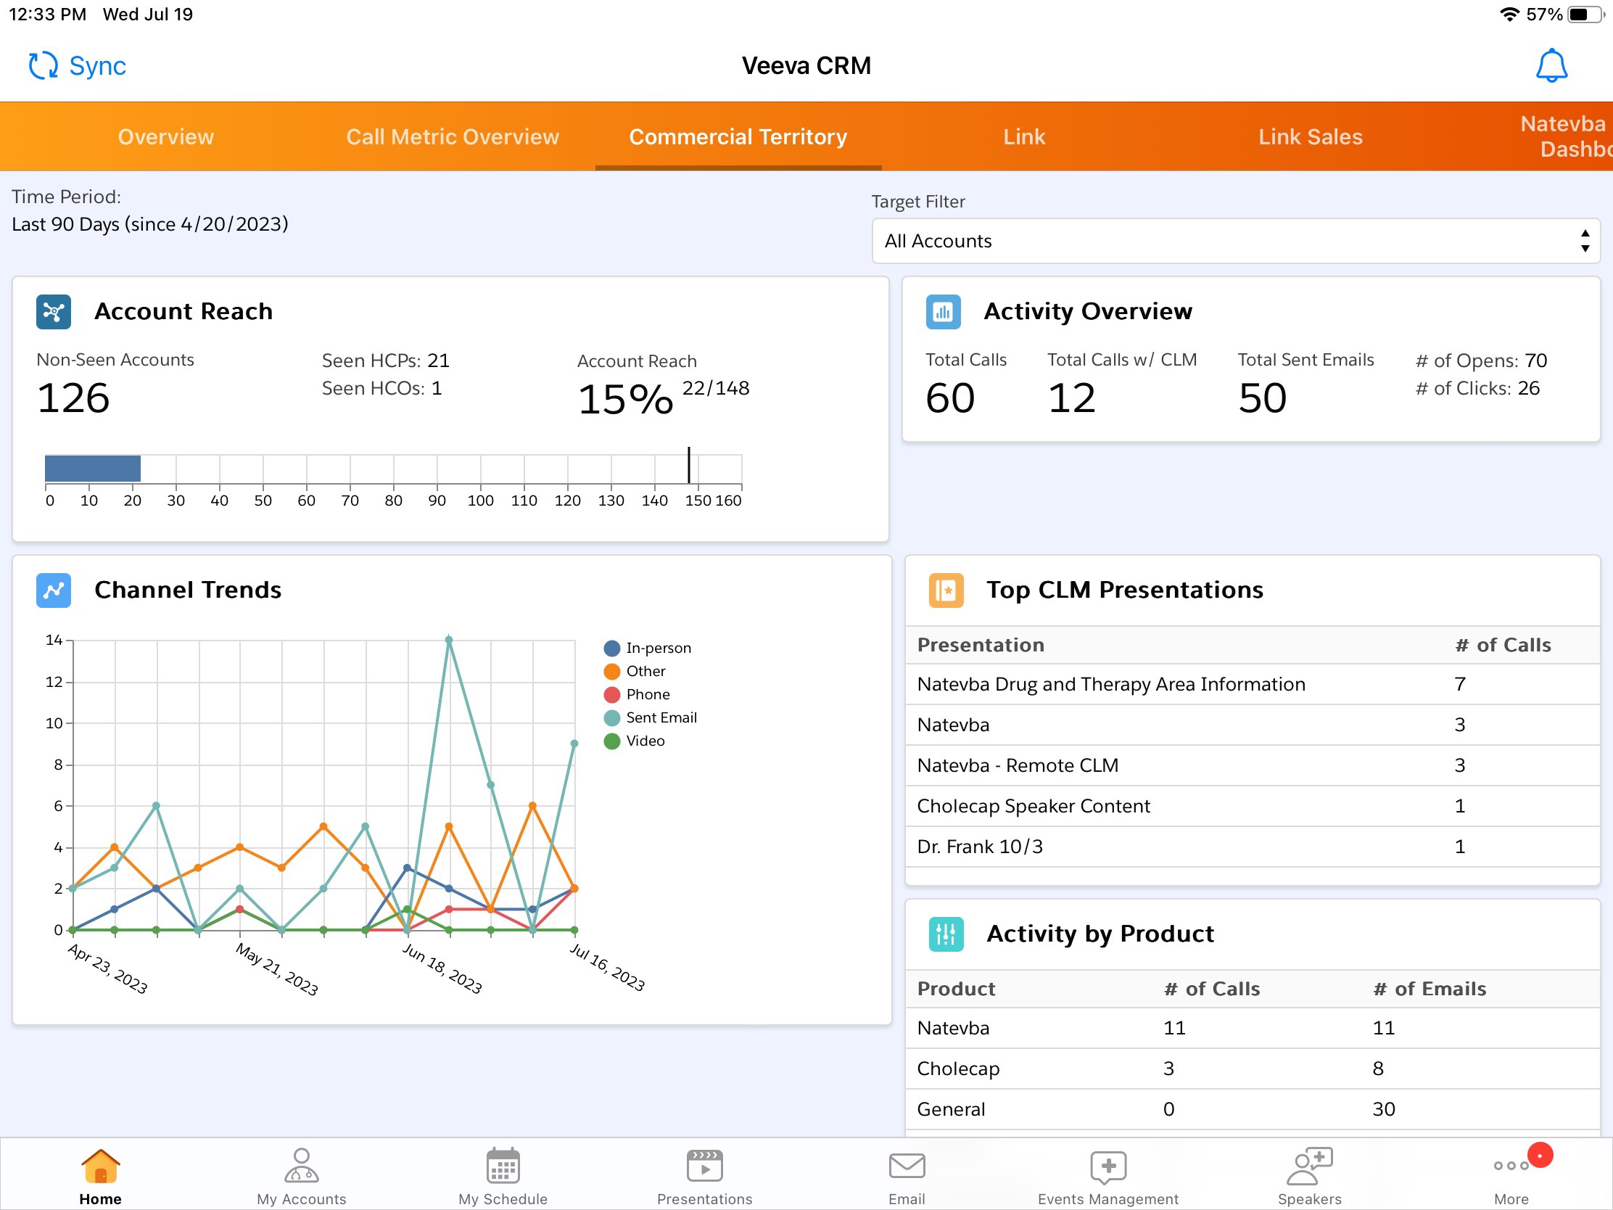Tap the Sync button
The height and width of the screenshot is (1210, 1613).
click(78, 65)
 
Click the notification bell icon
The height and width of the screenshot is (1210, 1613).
click(1551, 65)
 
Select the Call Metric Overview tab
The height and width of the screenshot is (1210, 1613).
click(452, 137)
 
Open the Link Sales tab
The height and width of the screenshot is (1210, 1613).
click(1310, 137)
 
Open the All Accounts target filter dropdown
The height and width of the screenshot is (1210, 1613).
click(1235, 241)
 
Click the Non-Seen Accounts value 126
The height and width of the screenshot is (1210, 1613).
click(74, 398)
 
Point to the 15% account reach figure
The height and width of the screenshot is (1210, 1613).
click(625, 400)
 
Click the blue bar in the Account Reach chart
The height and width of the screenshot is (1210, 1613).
click(93, 468)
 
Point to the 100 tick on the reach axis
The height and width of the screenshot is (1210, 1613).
click(480, 501)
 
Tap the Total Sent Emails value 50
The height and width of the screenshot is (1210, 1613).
click(1261, 398)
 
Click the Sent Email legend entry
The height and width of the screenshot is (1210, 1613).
click(661, 717)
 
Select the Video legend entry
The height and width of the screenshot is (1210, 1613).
click(645, 741)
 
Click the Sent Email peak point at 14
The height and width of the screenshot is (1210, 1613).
click(449, 641)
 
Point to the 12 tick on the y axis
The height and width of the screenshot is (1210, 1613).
click(54, 682)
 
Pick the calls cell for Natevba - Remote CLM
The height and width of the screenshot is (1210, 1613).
click(1459, 765)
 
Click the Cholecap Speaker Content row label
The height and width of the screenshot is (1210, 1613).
click(1033, 806)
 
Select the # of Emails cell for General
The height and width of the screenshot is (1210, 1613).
click(1383, 1109)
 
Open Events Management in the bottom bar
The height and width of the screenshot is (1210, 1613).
click(1107, 1174)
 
